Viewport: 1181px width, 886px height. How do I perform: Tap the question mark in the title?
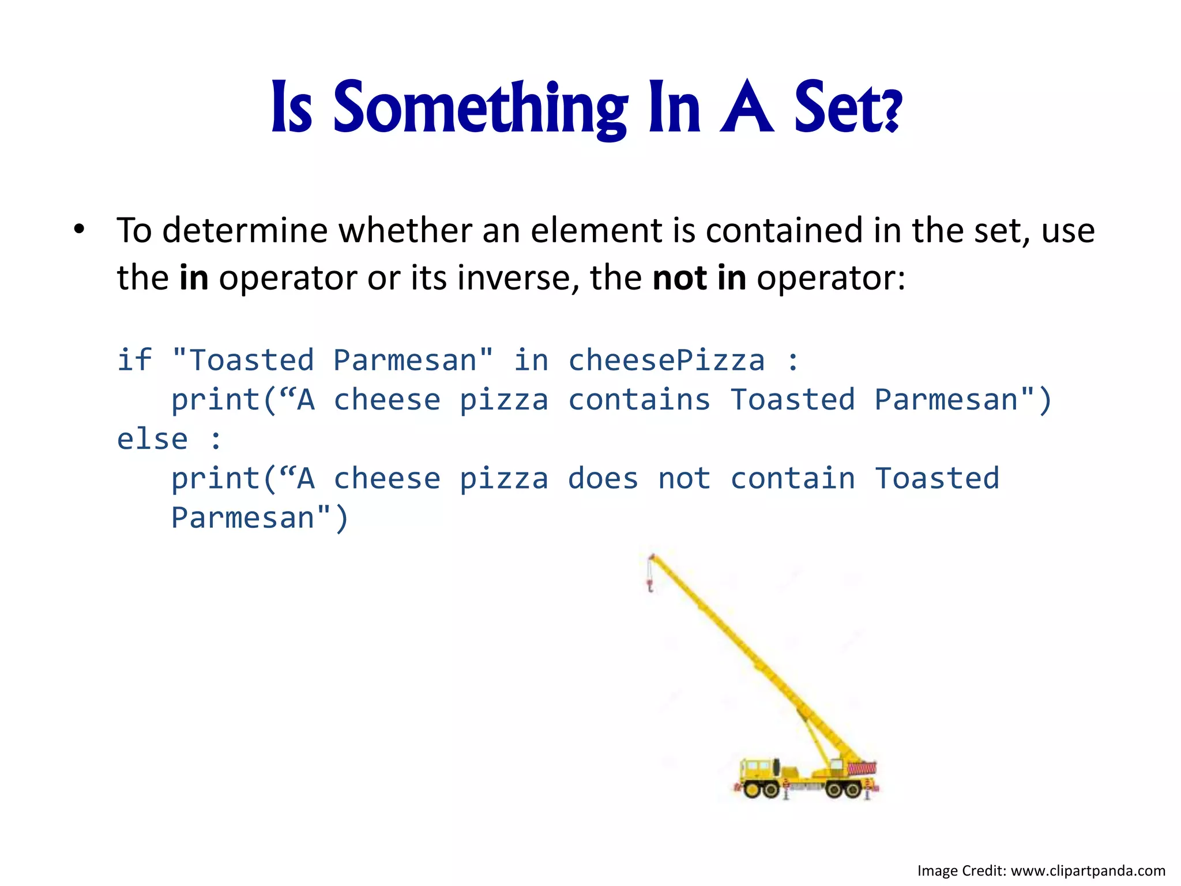pos(891,112)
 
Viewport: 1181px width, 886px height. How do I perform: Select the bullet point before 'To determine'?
pos(79,230)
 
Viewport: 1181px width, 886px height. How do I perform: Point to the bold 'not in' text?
pos(699,278)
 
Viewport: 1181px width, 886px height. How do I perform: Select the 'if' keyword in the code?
pos(134,361)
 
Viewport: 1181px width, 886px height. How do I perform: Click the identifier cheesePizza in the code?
pos(667,361)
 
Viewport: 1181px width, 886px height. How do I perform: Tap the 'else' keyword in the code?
pos(152,440)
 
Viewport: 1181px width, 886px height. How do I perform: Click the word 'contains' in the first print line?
pos(639,400)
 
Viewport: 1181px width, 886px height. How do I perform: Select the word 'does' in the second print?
pos(603,479)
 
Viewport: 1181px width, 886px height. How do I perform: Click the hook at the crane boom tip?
pos(650,587)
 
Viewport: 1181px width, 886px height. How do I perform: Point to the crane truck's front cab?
pos(757,769)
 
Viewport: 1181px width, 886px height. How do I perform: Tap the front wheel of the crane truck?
pos(753,789)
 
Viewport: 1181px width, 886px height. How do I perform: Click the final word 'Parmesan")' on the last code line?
pos(259,518)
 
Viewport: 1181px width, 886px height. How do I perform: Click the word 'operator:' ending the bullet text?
pos(831,278)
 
